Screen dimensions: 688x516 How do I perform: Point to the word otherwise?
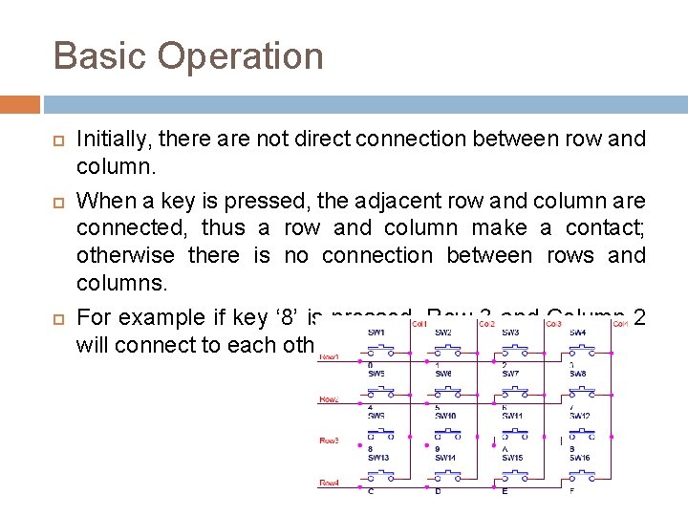point(126,256)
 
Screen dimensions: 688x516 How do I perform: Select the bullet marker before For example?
point(57,318)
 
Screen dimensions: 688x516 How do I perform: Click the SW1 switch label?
point(377,332)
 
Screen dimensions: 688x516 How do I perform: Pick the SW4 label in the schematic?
point(577,332)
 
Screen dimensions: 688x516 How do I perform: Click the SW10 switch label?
point(446,416)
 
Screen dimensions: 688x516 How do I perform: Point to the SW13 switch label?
point(378,458)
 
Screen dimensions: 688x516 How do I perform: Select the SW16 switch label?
point(580,458)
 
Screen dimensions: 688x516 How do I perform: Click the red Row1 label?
point(329,356)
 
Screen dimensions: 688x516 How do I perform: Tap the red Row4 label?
point(329,483)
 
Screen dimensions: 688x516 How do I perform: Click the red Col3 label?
point(553,324)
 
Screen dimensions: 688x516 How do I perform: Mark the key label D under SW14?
point(438,491)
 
